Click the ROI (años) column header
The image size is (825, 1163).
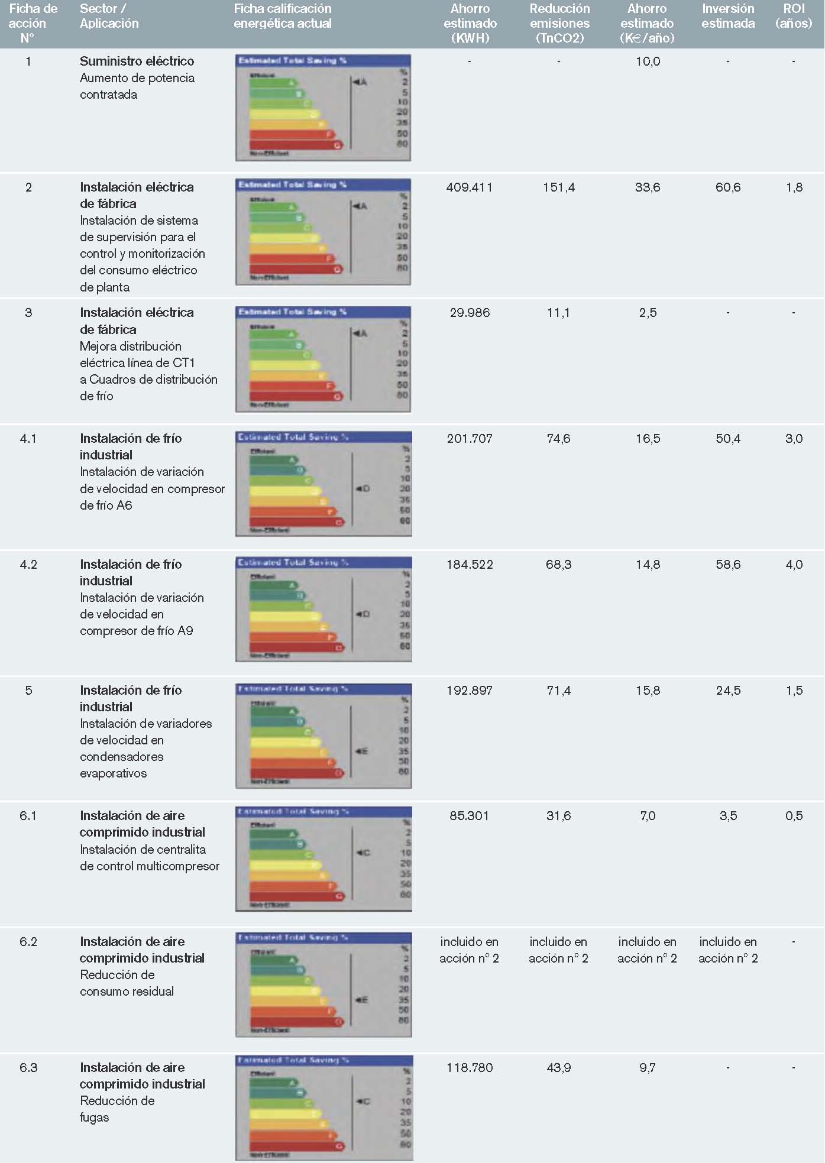(794, 16)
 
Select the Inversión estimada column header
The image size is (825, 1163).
(728, 16)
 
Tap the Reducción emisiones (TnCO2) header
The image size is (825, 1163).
(559, 24)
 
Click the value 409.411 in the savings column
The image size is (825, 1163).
(470, 187)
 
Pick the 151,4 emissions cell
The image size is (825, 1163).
(559, 187)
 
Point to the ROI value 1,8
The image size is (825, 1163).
(794, 187)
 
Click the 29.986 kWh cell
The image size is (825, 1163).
(470, 313)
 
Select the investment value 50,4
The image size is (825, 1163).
(728, 439)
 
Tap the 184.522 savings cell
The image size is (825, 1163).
(470, 565)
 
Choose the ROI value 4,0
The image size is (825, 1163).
(794, 565)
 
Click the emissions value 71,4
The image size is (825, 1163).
(559, 691)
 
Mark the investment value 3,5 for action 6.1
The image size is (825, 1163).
(728, 816)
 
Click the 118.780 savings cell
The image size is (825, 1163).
(470, 1068)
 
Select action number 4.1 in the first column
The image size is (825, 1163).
(28, 439)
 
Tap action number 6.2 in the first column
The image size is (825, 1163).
(28, 942)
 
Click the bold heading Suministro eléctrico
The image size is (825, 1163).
(137, 61)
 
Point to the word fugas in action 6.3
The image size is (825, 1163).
(95, 1117)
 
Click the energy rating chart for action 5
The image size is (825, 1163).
(323, 736)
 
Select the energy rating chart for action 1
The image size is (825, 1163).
(323, 108)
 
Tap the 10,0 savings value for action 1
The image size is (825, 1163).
(648, 61)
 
